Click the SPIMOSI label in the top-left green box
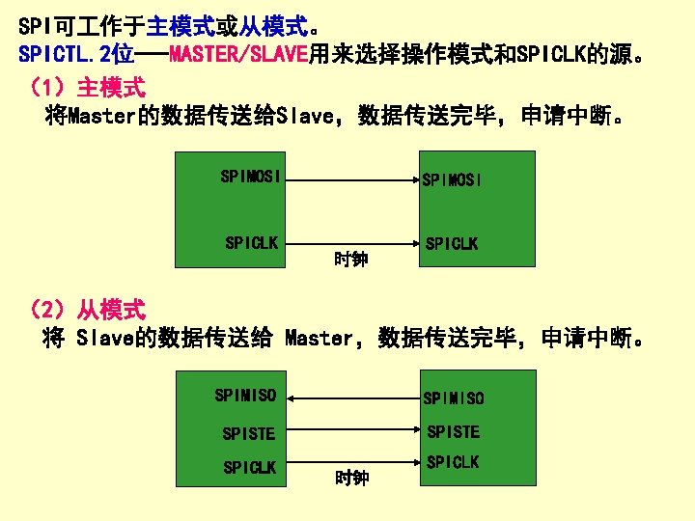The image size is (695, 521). click(251, 176)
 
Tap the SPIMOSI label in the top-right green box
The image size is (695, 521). click(452, 179)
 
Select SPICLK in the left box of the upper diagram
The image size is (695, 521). click(251, 242)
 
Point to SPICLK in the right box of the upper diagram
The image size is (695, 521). click(452, 243)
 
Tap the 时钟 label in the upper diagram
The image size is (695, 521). click(350, 259)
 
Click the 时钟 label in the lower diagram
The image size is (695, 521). click(351, 477)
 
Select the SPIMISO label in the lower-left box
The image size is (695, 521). click(245, 395)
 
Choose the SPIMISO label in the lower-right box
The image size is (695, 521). click(454, 398)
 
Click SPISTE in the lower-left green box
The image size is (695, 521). click(249, 433)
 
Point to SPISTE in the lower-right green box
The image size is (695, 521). click(454, 431)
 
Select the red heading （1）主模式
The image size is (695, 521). click(88, 89)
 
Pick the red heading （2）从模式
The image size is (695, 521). click(88, 310)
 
